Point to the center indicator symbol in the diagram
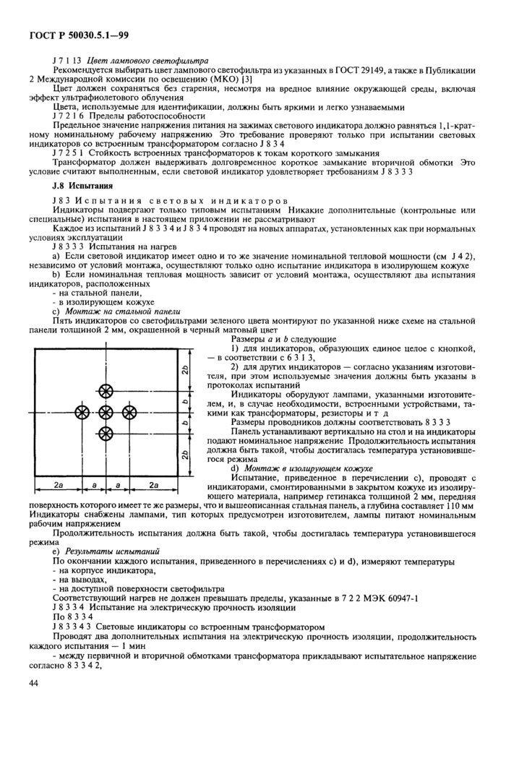tap(106, 412)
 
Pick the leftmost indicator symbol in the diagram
tap(82, 412)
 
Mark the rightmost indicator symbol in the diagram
tap(129, 412)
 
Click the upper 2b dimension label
tap(186, 369)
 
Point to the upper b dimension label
tap(186, 401)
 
